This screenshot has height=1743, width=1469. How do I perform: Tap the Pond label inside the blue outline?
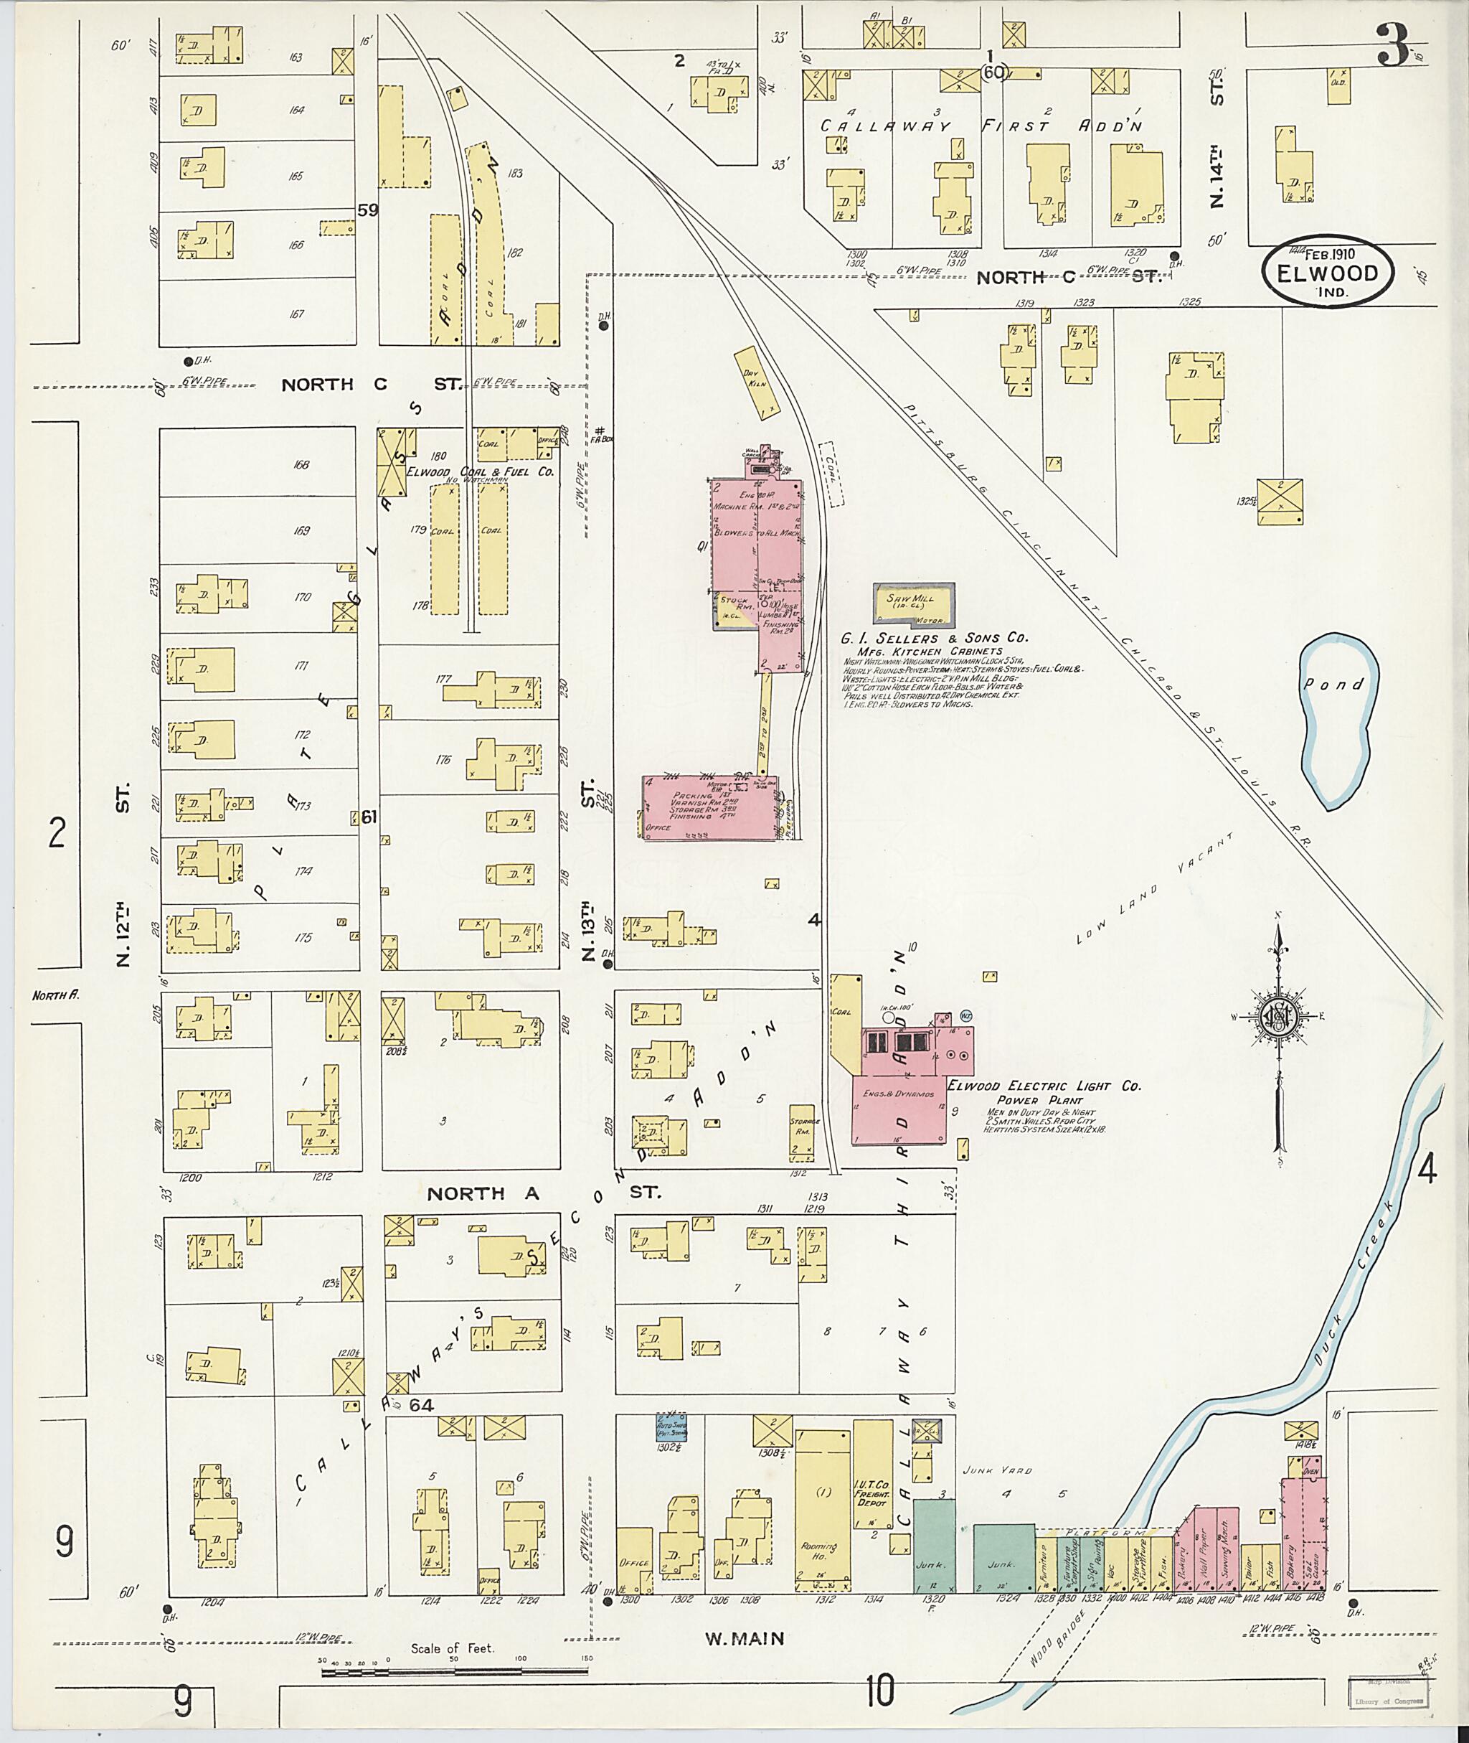click(1334, 684)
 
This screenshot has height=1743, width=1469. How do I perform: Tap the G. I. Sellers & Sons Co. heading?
click(935, 638)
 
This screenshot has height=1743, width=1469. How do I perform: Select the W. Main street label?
click(745, 1638)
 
